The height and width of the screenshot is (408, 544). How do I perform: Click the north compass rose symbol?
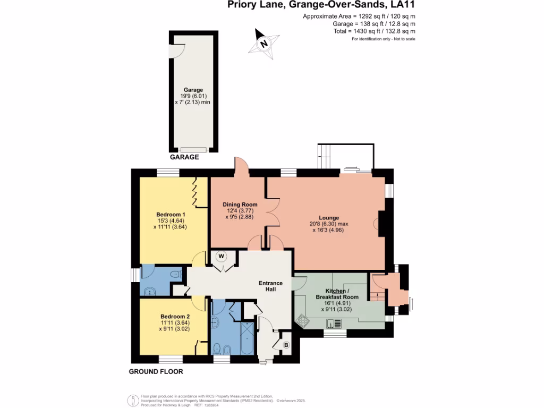(263, 44)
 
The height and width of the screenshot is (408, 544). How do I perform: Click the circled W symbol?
(222, 257)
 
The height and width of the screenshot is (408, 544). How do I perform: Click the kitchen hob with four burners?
(303, 320)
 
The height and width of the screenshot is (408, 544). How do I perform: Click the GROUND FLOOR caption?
(156, 372)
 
